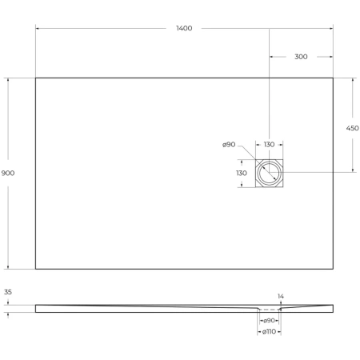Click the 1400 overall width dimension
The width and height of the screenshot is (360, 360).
[184, 29]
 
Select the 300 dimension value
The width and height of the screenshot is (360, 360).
[301, 57]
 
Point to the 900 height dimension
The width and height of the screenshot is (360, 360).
[9, 173]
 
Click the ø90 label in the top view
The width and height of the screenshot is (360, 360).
[229, 145]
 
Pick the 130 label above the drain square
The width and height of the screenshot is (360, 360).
[269, 145]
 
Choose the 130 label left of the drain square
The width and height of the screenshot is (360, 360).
[241, 173]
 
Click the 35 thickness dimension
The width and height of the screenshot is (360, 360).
[9, 294]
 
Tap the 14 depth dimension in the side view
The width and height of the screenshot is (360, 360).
[280, 296]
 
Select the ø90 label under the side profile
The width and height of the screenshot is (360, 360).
[270, 321]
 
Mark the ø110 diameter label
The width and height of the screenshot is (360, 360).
[270, 332]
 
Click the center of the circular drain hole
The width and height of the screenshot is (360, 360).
[270, 173]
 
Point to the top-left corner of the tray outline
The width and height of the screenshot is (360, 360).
[36, 78]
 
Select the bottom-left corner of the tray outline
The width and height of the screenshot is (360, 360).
[36, 269]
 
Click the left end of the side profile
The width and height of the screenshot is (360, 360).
[37, 308]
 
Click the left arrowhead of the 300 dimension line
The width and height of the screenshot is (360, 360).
[271, 57]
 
